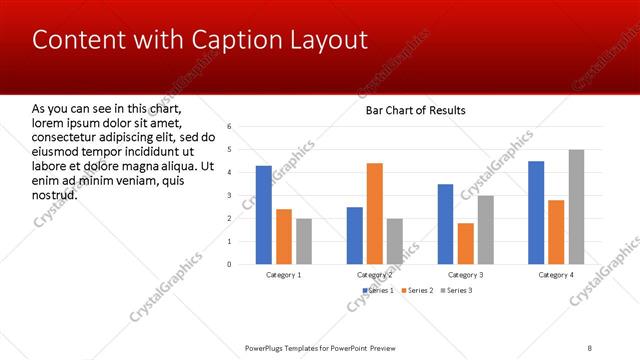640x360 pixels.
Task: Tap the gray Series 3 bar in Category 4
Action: [x=577, y=207]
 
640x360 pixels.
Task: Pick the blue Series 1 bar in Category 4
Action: [x=536, y=212]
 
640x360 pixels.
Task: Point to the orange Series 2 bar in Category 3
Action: [x=466, y=243]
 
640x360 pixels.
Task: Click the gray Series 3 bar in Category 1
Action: [x=304, y=241]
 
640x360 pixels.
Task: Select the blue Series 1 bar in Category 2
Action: [x=354, y=235]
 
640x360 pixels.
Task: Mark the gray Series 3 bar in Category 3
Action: [x=486, y=229]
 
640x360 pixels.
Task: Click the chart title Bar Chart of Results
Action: [x=415, y=110]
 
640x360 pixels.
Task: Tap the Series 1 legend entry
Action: [x=378, y=290]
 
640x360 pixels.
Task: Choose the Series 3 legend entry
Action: [x=456, y=290]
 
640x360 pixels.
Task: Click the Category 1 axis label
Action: [x=284, y=274]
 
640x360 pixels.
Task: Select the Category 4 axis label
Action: [x=556, y=274]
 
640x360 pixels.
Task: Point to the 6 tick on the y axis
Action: [x=230, y=127]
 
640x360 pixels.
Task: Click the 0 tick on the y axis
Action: [x=230, y=264]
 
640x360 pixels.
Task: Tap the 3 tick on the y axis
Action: [x=230, y=195]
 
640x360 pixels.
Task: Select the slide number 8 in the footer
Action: [x=590, y=348]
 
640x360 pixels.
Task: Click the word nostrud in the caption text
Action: [x=55, y=194]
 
